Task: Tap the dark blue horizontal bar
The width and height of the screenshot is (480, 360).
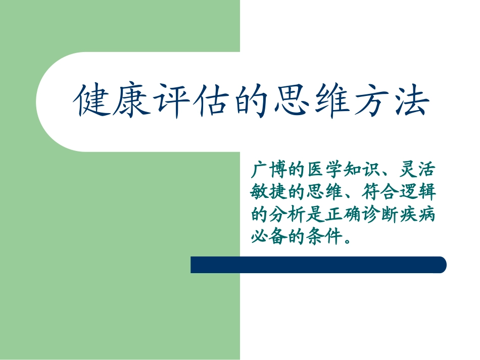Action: (318, 265)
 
